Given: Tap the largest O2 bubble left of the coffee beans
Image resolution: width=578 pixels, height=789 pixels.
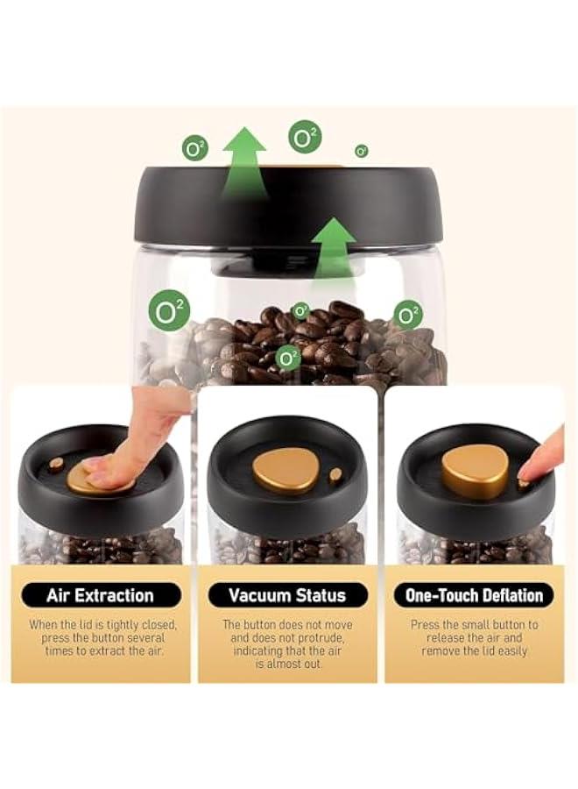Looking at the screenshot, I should (x=169, y=311).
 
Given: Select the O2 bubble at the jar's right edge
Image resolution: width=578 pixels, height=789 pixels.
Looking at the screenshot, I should (x=407, y=315).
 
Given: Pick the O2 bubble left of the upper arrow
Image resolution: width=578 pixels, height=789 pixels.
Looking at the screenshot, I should (x=195, y=148).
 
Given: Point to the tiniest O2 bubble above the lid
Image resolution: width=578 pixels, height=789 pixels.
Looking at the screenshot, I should (x=361, y=151).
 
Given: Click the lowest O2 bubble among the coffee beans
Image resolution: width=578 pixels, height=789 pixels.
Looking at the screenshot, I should (x=287, y=357).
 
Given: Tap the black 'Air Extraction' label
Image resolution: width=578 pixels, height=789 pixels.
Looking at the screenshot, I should (x=100, y=595).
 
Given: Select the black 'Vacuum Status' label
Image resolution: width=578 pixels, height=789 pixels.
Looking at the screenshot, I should (x=288, y=595).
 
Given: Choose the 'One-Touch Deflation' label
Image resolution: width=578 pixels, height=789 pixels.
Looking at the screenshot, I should (x=474, y=595).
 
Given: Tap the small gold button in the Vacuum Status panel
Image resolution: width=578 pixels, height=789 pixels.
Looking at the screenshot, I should (x=335, y=475).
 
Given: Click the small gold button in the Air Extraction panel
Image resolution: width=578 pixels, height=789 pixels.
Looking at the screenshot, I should (x=56, y=464).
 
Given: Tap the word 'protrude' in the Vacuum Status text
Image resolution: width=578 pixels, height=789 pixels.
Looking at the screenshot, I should (x=319, y=638).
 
